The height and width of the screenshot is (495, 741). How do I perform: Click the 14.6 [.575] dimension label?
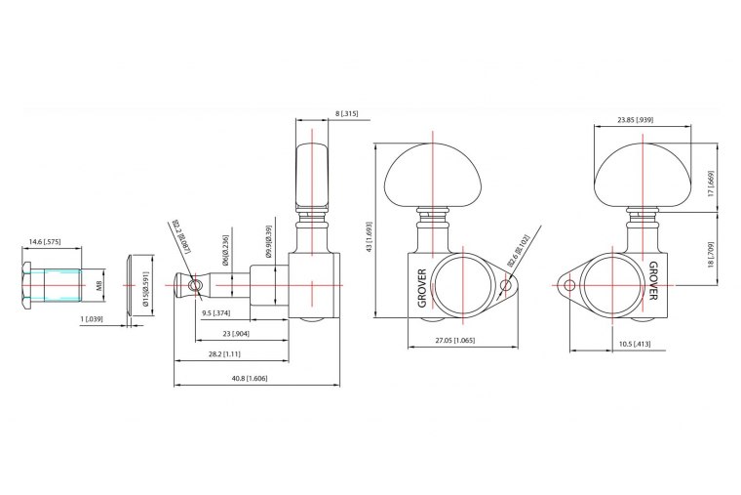[x=47, y=240]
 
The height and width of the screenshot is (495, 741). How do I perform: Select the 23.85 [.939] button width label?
[x=635, y=120]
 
